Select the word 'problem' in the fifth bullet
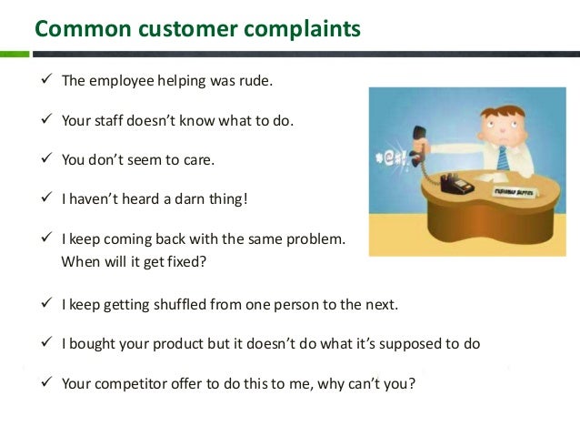[315, 240]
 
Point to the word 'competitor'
[131, 382]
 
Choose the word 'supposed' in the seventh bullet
[418, 343]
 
